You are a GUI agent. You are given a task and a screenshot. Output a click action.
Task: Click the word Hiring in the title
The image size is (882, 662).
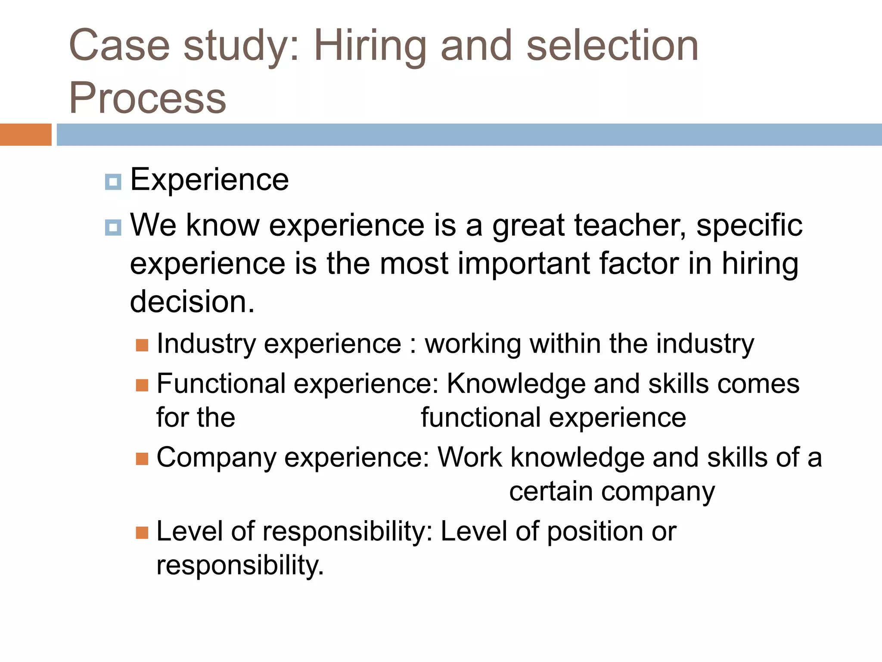pyautogui.click(x=370, y=47)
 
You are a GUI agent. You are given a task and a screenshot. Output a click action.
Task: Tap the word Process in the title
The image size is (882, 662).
pyautogui.click(x=147, y=98)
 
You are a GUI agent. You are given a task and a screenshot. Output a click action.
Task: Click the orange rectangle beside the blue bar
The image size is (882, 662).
pyautogui.click(x=25, y=134)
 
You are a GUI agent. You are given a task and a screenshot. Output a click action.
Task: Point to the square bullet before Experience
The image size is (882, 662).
pyautogui.click(x=113, y=182)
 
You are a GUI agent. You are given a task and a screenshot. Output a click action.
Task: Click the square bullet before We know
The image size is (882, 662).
pyautogui.click(x=113, y=227)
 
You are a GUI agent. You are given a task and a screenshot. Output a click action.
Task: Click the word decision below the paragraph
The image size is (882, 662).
pyautogui.click(x=192, y=301)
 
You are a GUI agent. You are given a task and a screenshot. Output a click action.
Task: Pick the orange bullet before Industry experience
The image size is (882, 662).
pyautogui.click(x=142, y=345)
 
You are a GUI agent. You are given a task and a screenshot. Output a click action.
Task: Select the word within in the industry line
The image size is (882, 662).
pyautogui.click(x=565, y=344)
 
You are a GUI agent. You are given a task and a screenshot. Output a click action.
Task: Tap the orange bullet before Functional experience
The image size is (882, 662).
pyautogui.click(x=142, y=385)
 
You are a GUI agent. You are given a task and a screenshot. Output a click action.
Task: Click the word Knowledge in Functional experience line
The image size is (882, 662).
pyautogui.click(x=516, y=384)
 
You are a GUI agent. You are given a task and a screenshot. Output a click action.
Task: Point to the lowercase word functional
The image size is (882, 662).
pyautogui.click(x=481, y=418)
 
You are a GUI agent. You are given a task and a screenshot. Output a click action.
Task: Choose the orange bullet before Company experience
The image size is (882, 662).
pyautogui.click(x=142, y=459)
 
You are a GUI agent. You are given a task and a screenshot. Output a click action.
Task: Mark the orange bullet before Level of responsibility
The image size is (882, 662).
pyautogui.click(x=142, y=533)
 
